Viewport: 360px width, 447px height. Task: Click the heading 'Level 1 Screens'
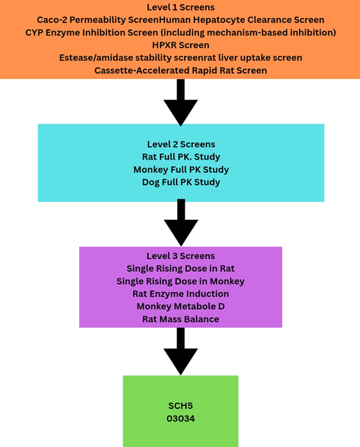(180, 7)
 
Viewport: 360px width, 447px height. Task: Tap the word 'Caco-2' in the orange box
(52, 20)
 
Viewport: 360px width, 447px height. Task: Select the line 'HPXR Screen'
(180, 45)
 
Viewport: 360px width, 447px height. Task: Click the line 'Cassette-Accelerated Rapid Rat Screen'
(180, 71)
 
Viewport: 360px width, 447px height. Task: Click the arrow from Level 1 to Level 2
(180, 103)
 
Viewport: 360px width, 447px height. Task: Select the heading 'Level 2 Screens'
(181, 144)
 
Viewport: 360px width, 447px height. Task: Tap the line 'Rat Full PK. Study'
(181, 156)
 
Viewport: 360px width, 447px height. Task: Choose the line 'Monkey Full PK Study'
(181, 169)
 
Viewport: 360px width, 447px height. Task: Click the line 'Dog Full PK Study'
(181, 182)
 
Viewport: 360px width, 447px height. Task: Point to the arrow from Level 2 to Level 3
(181, 223)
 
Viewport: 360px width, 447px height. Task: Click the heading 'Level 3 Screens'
(180, 256)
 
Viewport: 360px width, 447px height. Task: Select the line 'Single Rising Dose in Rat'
(180, 269)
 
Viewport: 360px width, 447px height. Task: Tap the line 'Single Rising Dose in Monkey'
(180, 282)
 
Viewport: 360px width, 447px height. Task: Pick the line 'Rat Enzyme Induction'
(180, 294)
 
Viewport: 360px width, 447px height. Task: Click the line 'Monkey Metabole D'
(180, 307)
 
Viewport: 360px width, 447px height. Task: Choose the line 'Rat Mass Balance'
(180, 319)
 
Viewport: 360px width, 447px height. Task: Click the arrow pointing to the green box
(180, 351)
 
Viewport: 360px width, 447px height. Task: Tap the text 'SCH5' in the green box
(180, 406)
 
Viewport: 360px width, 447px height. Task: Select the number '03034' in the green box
(180, 419)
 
